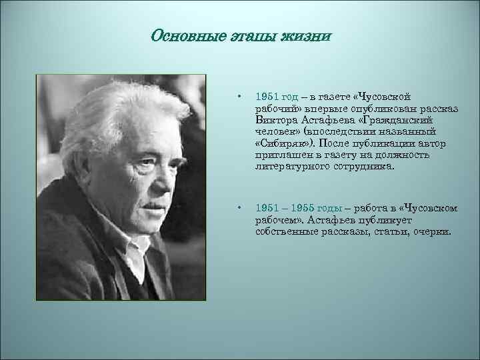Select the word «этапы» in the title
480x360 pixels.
point(246,35)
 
